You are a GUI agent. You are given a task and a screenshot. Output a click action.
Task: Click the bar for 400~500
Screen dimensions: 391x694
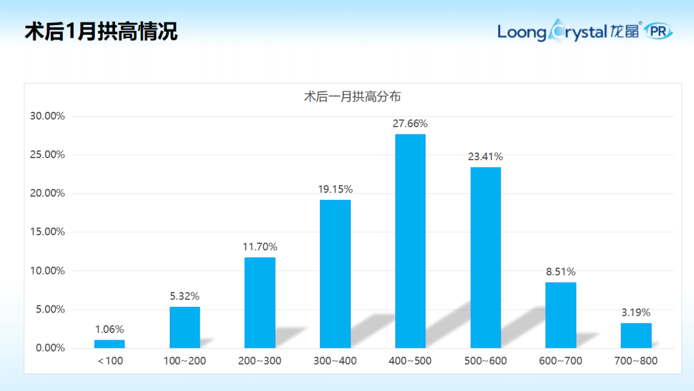(x=410, y=241)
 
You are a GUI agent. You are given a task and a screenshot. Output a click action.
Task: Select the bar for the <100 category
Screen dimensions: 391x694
(x=109, y=343)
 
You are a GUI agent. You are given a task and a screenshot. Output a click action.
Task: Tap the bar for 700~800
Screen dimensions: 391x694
(x=636, y=335)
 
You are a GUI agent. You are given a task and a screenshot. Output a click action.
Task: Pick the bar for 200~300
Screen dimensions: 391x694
(x=260, y=302)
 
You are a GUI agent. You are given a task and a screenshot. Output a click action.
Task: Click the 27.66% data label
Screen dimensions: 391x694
(x=410, y=123)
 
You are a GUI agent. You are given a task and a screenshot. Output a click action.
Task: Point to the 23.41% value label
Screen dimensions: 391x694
(x=486, y=156)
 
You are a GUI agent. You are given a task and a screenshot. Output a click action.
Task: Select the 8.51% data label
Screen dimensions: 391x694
(x=560, y=271)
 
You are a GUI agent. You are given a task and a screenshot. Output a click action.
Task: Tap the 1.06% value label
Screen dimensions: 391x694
(x=109, y=329)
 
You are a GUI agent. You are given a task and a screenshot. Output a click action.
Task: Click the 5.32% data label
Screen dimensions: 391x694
(x=184, y=296)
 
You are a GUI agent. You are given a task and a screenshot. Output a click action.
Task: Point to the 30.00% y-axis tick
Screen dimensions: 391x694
(x=48, y=116)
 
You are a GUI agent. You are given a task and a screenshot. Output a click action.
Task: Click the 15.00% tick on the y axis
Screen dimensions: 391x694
(x=48, y=232)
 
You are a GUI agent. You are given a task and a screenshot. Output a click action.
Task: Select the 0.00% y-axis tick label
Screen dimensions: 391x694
(x=50, y=348)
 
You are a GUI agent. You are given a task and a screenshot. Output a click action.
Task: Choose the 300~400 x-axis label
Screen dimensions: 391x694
(x=335, y=361)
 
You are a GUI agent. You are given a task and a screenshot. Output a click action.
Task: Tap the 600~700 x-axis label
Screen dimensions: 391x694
(x=560, y=361)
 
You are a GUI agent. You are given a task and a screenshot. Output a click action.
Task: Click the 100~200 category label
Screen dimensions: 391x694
(x=184, y=361)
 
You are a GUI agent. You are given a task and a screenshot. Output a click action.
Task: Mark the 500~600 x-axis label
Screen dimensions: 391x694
(x=486, y=361)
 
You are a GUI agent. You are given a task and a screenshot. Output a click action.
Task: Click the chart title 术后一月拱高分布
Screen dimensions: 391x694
(x=352, y=97)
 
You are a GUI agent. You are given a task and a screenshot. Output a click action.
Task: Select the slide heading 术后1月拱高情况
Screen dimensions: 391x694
(x=101, y=32)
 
